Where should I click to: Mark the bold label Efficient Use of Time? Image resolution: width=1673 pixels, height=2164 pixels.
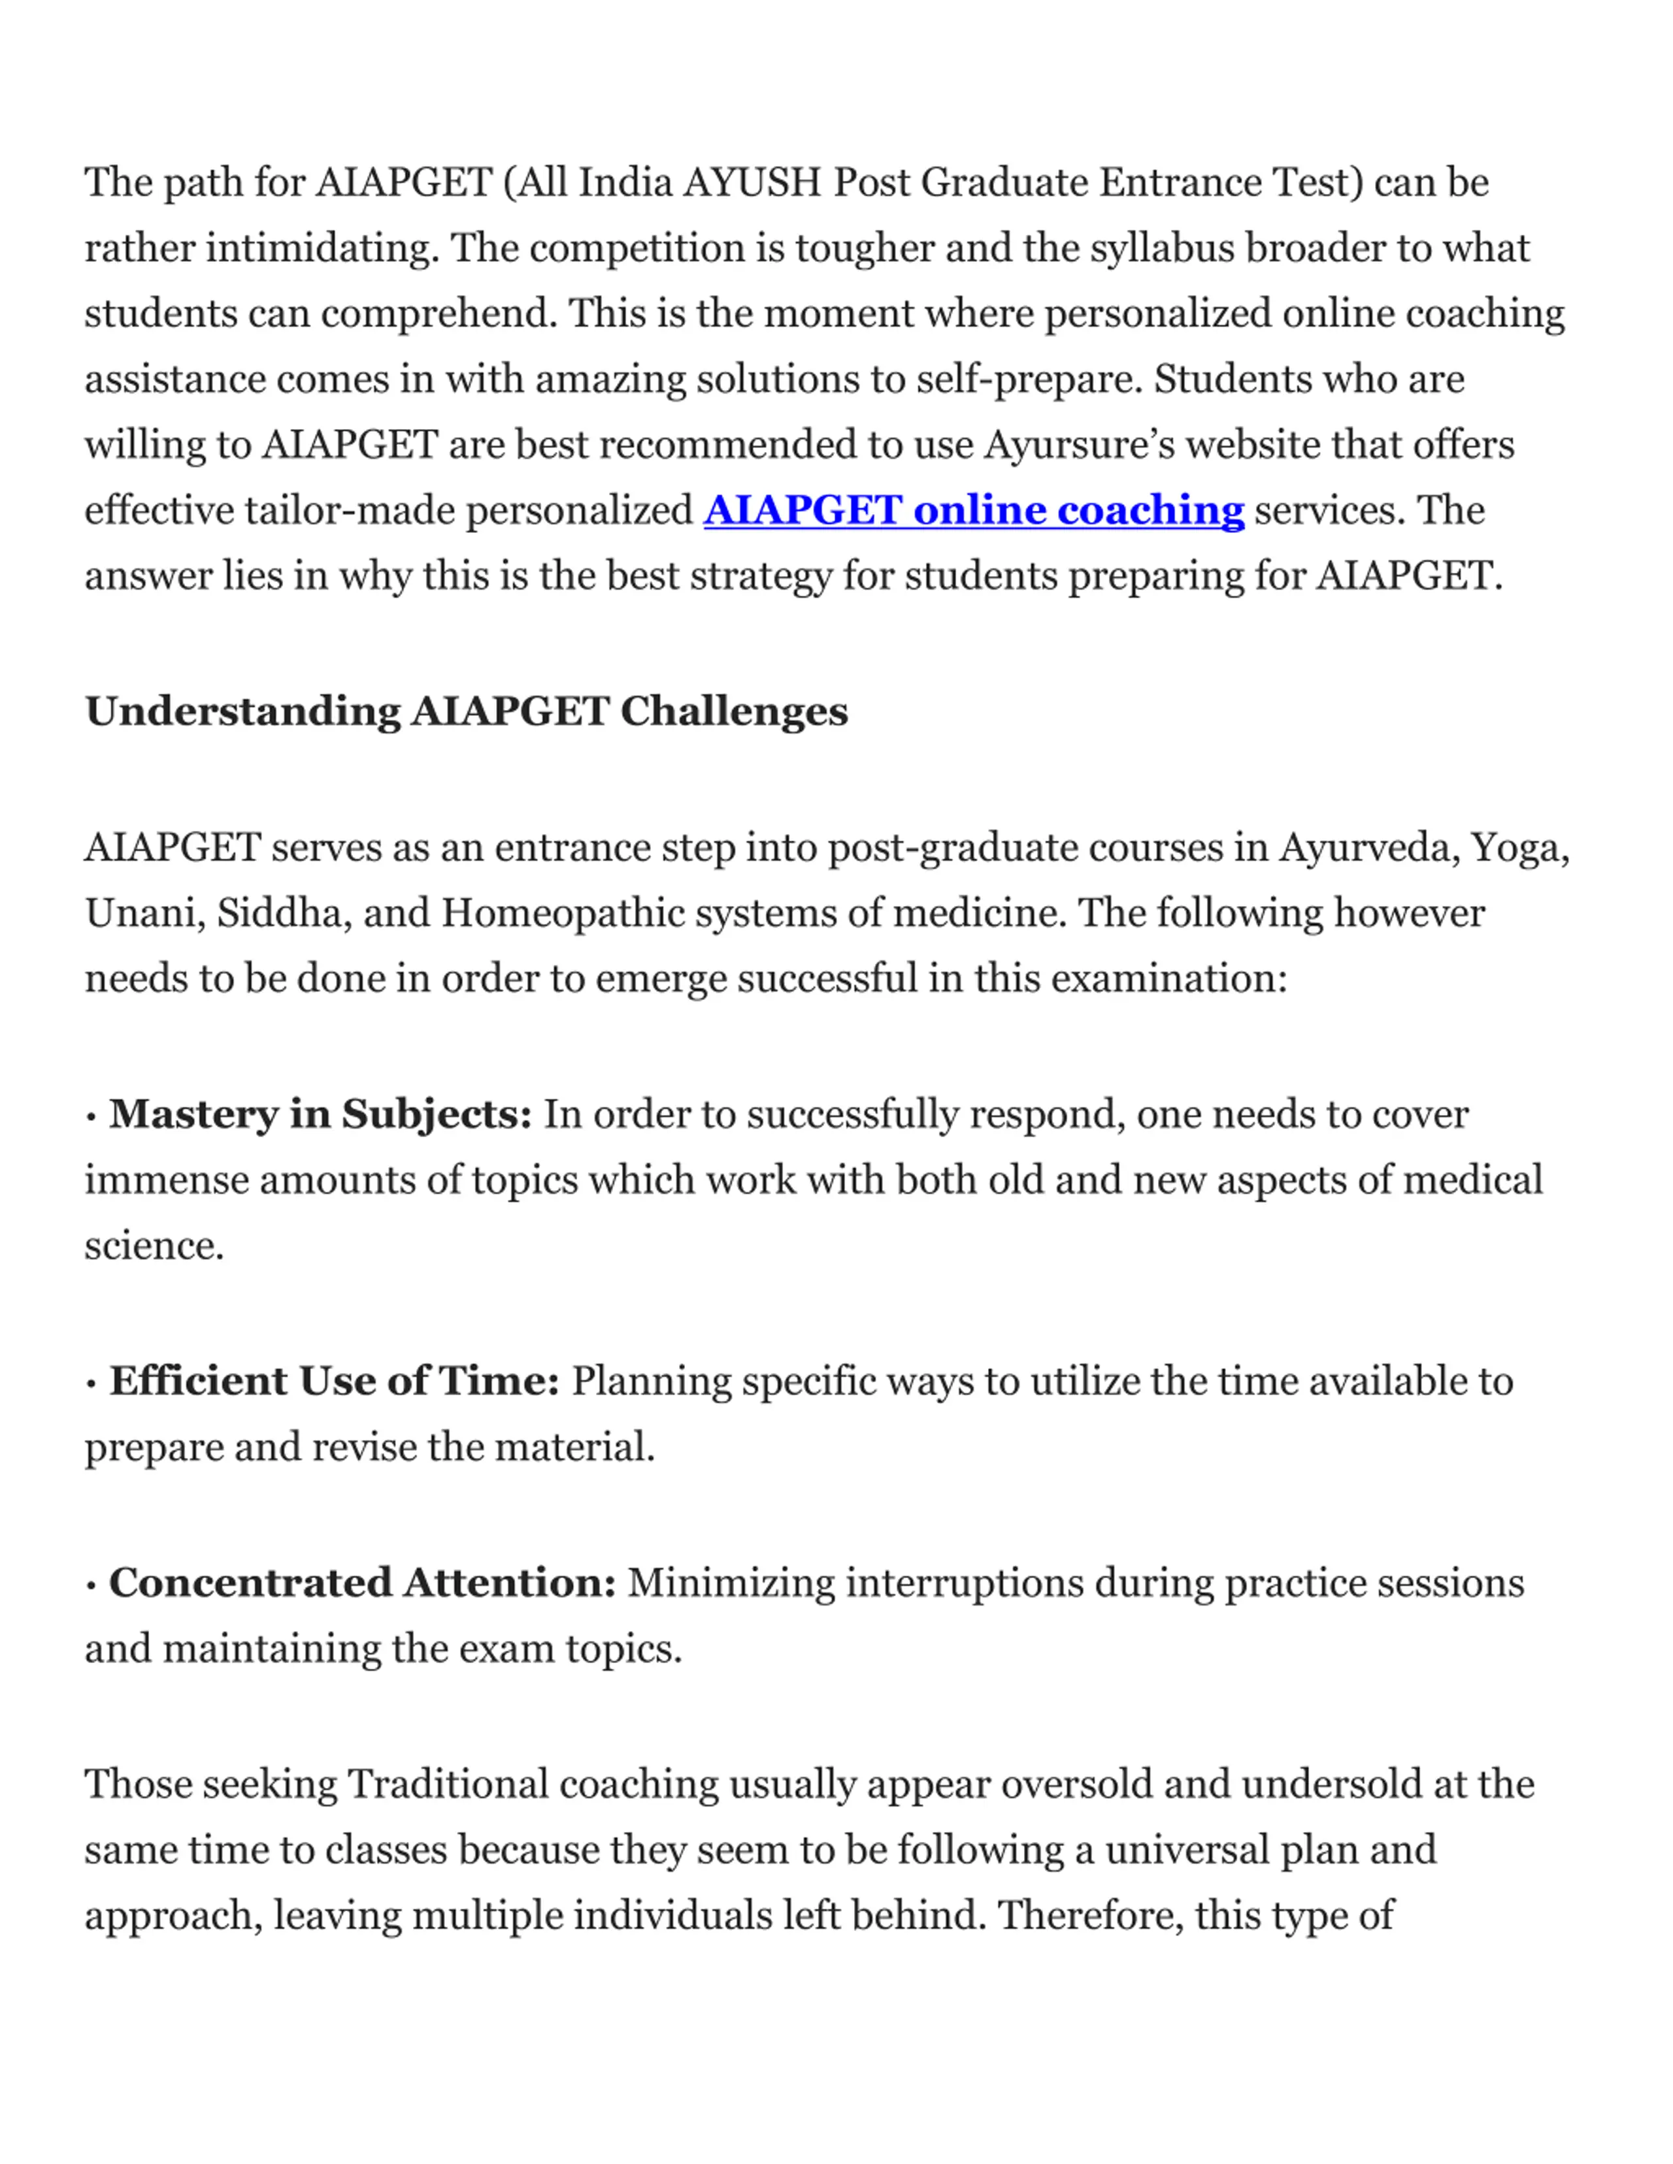tap(334, 1381)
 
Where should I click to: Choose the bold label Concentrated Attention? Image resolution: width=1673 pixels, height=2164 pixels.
tap(362, 1583)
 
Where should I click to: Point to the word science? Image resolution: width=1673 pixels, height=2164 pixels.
tap(153, 1246)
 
